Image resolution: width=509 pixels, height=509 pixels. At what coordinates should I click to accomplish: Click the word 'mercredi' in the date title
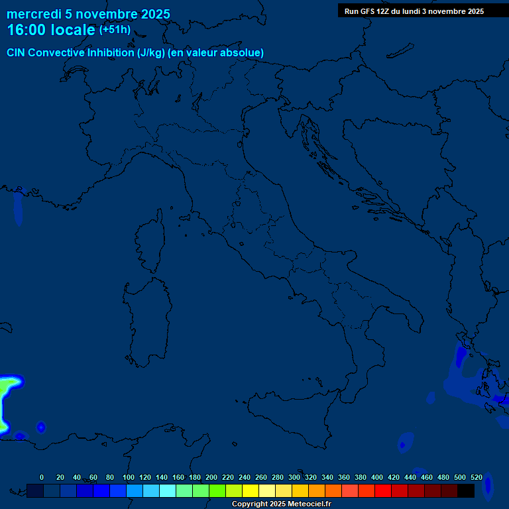(34, 14)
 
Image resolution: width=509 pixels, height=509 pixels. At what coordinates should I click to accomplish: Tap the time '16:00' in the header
(27, 30)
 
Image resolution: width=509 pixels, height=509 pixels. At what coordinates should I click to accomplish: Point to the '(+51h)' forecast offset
(115, 30)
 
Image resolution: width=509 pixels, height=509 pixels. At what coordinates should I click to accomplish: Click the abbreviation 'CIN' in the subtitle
(17, 52)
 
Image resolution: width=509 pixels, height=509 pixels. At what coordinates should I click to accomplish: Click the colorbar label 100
(129, 477)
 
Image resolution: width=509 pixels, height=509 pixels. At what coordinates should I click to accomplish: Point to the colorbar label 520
(476, 477)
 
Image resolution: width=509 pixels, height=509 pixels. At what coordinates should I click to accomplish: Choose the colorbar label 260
(261, 477)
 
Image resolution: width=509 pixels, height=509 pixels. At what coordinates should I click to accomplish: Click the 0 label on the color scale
(42, 477)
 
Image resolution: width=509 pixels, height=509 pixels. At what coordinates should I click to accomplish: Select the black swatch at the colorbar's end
(466, 490)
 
